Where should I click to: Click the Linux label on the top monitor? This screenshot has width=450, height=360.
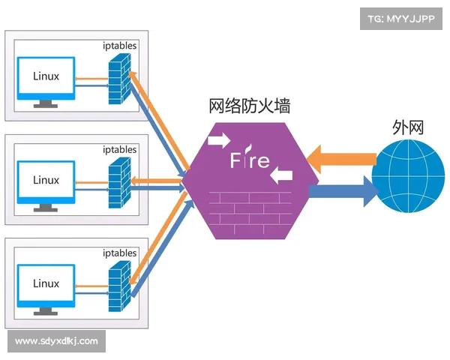46,76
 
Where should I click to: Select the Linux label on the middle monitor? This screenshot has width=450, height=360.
46,180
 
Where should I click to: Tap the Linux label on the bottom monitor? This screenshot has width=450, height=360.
46,283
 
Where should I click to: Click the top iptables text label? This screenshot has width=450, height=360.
120,46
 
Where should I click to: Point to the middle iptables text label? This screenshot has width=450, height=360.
120,149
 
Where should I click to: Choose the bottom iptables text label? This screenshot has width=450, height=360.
120,253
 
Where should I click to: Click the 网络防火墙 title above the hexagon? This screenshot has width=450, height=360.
249,106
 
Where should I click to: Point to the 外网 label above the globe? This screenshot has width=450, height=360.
407,127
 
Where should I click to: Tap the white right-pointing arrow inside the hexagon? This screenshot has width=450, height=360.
220,139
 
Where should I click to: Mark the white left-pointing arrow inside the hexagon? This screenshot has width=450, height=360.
281,176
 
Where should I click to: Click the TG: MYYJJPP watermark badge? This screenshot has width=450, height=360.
402,20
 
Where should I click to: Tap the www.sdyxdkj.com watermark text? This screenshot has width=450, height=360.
56,341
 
